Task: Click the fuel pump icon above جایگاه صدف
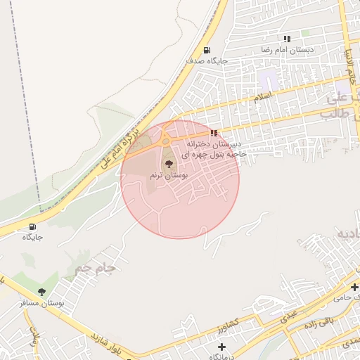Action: coord(207,50)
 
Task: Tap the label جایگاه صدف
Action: coord(207,61)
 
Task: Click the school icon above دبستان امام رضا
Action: coord(286,39)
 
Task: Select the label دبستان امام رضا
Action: coord(287,51)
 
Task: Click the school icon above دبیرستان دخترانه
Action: coord(214,133)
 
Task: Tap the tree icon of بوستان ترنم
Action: coord(167,163)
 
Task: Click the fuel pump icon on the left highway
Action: coord(32,226)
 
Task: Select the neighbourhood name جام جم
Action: coord(94,269)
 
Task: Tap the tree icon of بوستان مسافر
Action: coord(41,292)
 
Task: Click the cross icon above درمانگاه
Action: coord(222,347)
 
